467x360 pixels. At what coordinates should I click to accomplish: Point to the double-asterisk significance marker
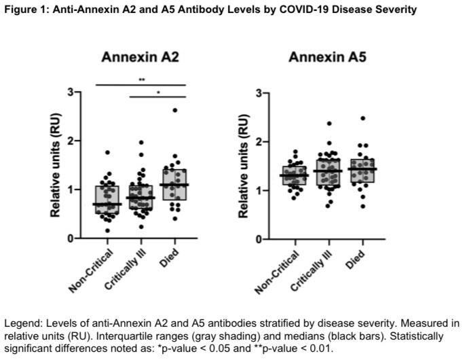tap(141, 80)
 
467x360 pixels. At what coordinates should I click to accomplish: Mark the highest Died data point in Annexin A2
tap(174, 110)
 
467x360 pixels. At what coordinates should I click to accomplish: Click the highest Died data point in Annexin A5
tap(362, 119)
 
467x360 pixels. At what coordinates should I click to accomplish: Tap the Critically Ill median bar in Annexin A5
tap(329, 171)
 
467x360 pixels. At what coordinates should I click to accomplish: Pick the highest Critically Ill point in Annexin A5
tap(329, 124)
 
